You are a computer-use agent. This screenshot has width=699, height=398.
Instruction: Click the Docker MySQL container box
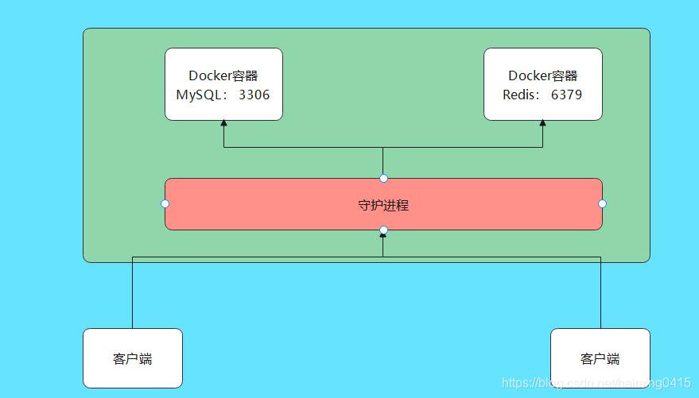223,84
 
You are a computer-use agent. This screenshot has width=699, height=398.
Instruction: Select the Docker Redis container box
543,84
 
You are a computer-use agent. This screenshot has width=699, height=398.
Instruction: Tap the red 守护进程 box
383,204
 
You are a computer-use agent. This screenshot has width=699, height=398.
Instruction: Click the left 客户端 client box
133,358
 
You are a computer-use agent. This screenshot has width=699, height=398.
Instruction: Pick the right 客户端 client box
600,358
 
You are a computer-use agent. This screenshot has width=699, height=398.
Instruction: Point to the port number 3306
254,95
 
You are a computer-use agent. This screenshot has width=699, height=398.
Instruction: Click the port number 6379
567,95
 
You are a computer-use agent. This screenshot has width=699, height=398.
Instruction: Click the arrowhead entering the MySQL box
223,123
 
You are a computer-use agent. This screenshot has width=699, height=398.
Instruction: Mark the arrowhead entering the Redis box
542,123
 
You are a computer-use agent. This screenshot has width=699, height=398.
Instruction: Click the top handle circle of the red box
383,179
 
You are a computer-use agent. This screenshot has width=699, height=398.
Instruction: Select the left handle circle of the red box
165,204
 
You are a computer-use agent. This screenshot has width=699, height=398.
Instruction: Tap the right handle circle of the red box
602,204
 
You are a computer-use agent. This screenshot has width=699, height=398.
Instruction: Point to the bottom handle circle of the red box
383,230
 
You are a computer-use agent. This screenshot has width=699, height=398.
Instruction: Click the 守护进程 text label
383,205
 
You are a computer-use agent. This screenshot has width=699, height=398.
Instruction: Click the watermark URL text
596,383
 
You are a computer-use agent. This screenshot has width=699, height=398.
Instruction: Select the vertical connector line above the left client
132,292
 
